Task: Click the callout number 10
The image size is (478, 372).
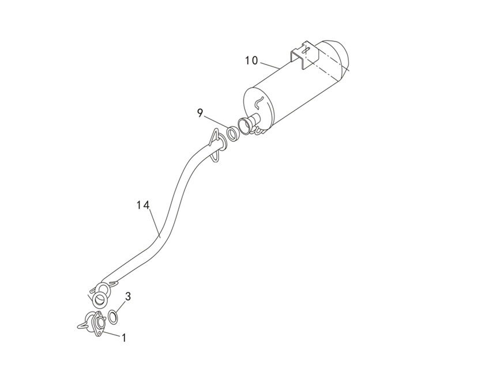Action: click(x=251, y=61)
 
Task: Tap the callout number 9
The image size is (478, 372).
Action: click(x=200, y=113)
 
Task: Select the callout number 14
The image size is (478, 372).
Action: click(x=143, y=205)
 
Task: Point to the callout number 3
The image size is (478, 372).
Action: click(x=128, y=296)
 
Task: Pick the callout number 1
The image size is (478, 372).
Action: click(x=124, y=337)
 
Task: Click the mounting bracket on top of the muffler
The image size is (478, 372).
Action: click(x=304, y=55)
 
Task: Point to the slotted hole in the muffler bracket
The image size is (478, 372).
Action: click(x=306, y=50)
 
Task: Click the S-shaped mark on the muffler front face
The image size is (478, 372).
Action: click(x=258, y=103)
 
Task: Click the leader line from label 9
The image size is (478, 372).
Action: click(x=216, y=123)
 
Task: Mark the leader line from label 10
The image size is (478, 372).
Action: click(x=270, y=65)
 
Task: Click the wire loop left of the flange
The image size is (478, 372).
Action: click(x=84, y=326)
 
